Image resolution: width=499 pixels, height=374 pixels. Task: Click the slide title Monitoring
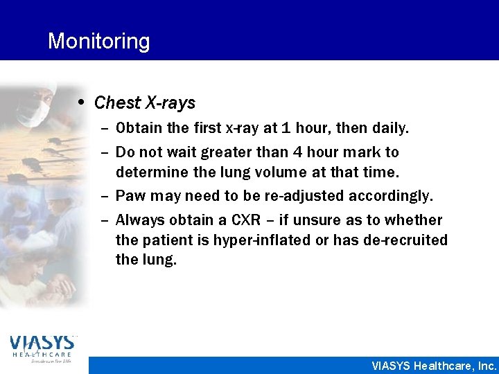(x=98, y=42)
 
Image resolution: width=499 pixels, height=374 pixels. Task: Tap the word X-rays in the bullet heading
(x=170, y=103)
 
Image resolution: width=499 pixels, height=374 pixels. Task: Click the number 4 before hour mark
(x=324, y=152)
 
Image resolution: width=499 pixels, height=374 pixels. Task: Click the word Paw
(x=130, y=196)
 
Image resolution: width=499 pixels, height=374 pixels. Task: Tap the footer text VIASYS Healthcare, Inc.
(x=434, y=366)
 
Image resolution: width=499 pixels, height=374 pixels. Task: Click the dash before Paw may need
(x=104, y=196)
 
